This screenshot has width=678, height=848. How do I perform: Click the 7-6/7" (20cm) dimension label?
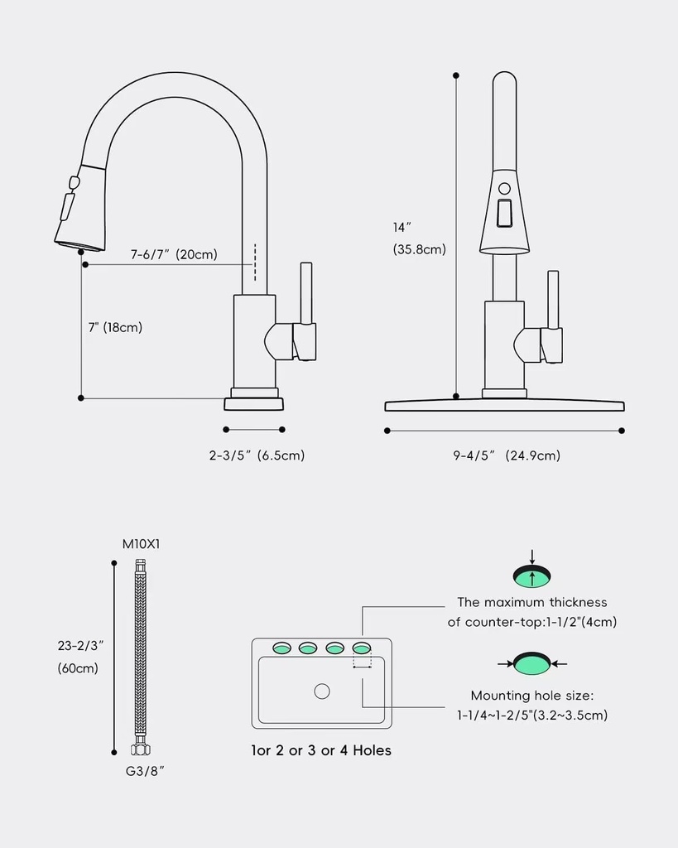coord(174,254)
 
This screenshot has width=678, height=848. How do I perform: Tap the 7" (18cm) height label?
coord(115,327)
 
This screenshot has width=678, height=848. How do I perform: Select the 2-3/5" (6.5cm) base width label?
coord(257,455)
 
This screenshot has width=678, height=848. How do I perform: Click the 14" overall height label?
coord(402,227)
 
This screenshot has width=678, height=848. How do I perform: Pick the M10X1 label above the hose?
coord(142,544)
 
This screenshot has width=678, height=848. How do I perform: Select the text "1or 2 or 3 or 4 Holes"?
coord(321,751)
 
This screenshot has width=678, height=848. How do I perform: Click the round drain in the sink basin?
coord(322,691)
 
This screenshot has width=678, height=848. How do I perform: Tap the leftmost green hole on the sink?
coord(281,647)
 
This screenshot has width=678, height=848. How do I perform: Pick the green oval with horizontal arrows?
coord(531,663)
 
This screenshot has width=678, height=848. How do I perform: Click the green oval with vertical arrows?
coord(531,576)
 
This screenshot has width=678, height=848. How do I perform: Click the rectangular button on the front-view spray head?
coord(503,214)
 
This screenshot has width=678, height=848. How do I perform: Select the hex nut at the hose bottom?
coord(140,750)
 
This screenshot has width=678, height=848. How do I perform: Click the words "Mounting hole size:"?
coord(532,696)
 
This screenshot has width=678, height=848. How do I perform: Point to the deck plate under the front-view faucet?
coord(504,404)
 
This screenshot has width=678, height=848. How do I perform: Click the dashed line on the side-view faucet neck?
coord(255,263)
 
